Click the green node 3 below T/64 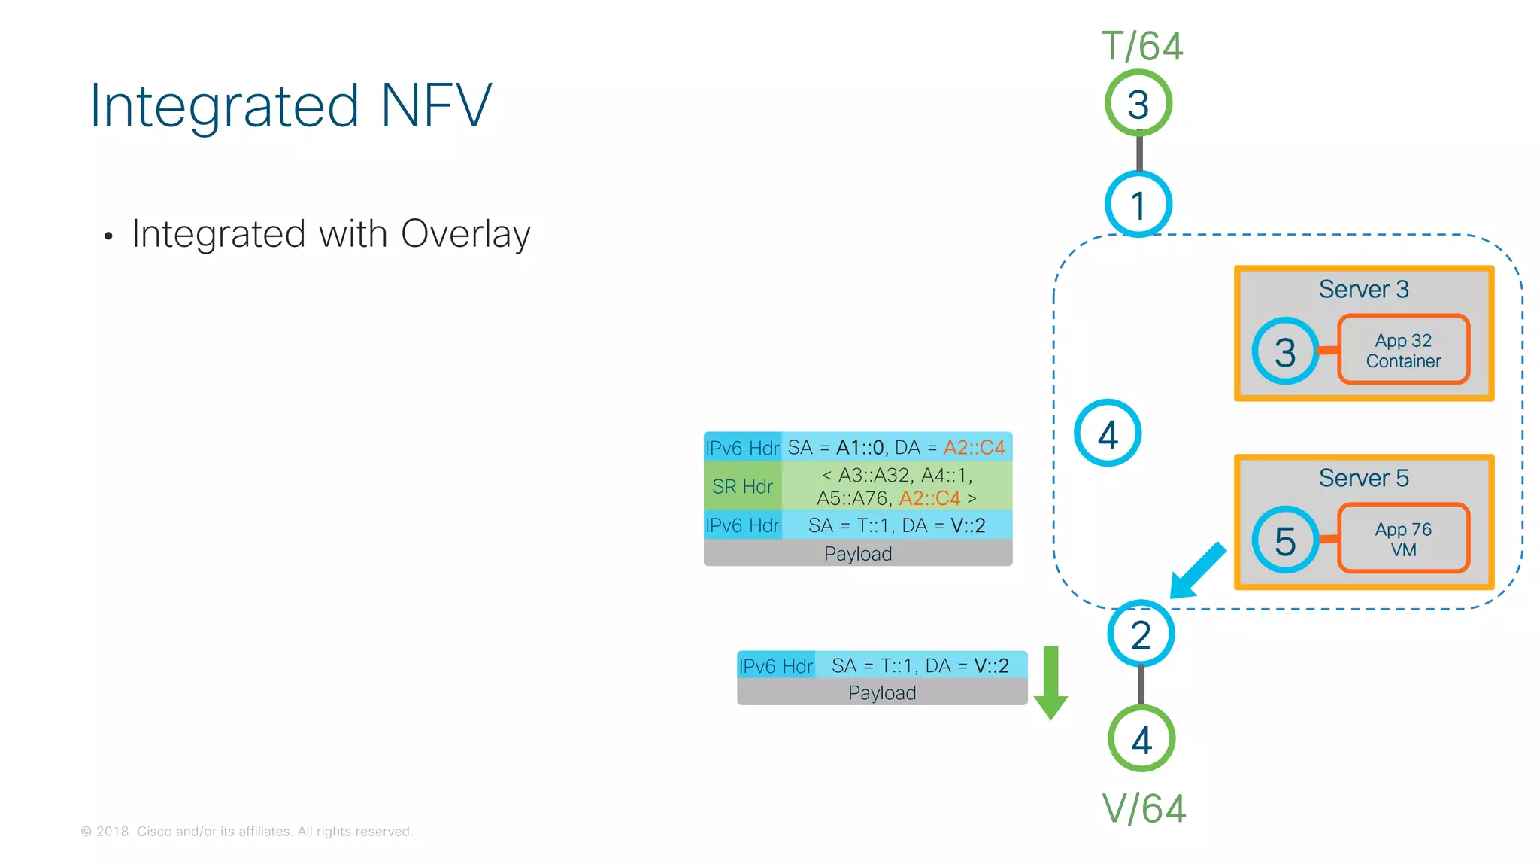(x=1138, y=103)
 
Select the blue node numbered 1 (x=1138, y=205)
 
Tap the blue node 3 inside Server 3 (x=1285, y=351)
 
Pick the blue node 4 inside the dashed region (x=1108, y=433)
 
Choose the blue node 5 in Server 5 (x=1285, y=540)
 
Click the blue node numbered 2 (x=1141, y=634)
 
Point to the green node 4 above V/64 (x=1141, y=739)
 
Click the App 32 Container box (x=1403, y=351)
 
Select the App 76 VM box (x=1403, y=540)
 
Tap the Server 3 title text (x=1363, y=289)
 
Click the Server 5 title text (x=1363, y=478)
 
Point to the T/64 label (x=1141, y=46)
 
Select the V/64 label (x=1144, y=809)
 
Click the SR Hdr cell (x=742, y=487)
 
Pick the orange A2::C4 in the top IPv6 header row (x=974, y=448)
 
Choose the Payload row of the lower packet (x=882, y=692)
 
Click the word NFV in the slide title (x=436, y=106)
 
